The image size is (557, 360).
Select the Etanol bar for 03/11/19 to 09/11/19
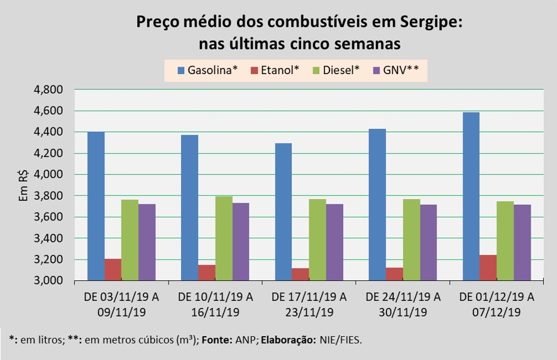click(x=113, y=270)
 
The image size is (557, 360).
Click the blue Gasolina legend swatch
click(x=181, y=70)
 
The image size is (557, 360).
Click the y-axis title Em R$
click(x=23, y=187)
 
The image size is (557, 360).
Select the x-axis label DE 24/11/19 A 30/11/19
click(x=403, y=303)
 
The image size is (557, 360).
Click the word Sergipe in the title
click(x=431, y=22)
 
